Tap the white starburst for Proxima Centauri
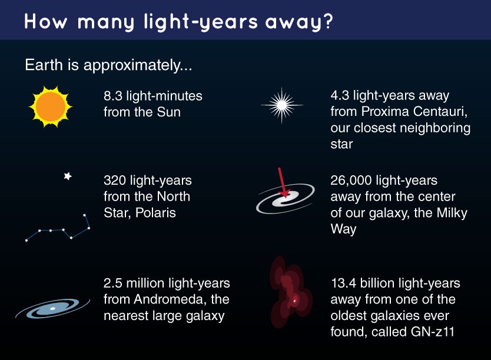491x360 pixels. pyautogui.click(x=282, y=106)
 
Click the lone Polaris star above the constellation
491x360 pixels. pyautogui.click(x=68, y=176)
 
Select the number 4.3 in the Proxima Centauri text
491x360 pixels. pyautogui.click(x=341, y=95)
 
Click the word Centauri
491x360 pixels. pyautogui.click(x=446, y=112)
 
